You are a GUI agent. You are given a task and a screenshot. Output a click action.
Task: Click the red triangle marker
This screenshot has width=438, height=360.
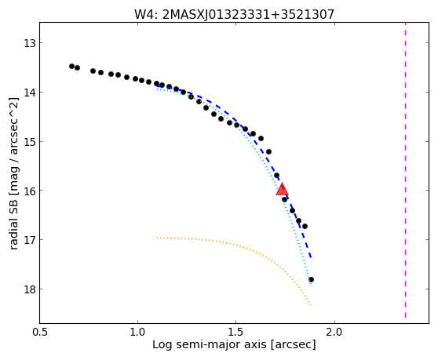282,190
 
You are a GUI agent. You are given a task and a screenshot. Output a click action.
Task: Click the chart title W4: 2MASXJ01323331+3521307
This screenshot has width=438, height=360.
234,14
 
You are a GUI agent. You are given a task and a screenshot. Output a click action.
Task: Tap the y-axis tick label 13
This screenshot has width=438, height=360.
29,43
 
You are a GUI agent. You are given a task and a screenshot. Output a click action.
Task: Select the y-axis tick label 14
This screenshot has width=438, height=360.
29,93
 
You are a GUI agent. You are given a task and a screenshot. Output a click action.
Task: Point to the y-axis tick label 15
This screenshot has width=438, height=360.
29,142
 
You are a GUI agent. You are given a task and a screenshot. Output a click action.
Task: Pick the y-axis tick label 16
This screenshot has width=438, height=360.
29,191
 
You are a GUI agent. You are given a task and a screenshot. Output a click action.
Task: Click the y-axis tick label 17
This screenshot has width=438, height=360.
29,240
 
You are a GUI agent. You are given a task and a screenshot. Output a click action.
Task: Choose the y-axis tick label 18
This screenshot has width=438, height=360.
29,289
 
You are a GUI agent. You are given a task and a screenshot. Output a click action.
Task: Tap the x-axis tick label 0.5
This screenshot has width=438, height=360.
40,333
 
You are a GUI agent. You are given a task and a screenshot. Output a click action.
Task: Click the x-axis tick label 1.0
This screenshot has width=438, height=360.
137,333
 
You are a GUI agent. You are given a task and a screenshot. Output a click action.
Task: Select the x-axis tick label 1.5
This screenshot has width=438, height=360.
236,333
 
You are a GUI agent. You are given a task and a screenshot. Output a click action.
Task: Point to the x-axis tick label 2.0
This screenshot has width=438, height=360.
334,333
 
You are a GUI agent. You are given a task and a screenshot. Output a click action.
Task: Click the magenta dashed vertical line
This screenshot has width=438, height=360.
405,170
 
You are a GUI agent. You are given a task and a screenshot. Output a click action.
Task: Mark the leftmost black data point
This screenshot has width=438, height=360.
71,66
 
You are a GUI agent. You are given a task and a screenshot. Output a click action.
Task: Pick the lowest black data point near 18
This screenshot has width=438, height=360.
311,280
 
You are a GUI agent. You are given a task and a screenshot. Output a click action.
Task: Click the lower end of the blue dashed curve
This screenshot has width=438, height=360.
311,257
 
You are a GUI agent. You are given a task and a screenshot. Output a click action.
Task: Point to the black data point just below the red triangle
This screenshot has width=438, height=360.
284,199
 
